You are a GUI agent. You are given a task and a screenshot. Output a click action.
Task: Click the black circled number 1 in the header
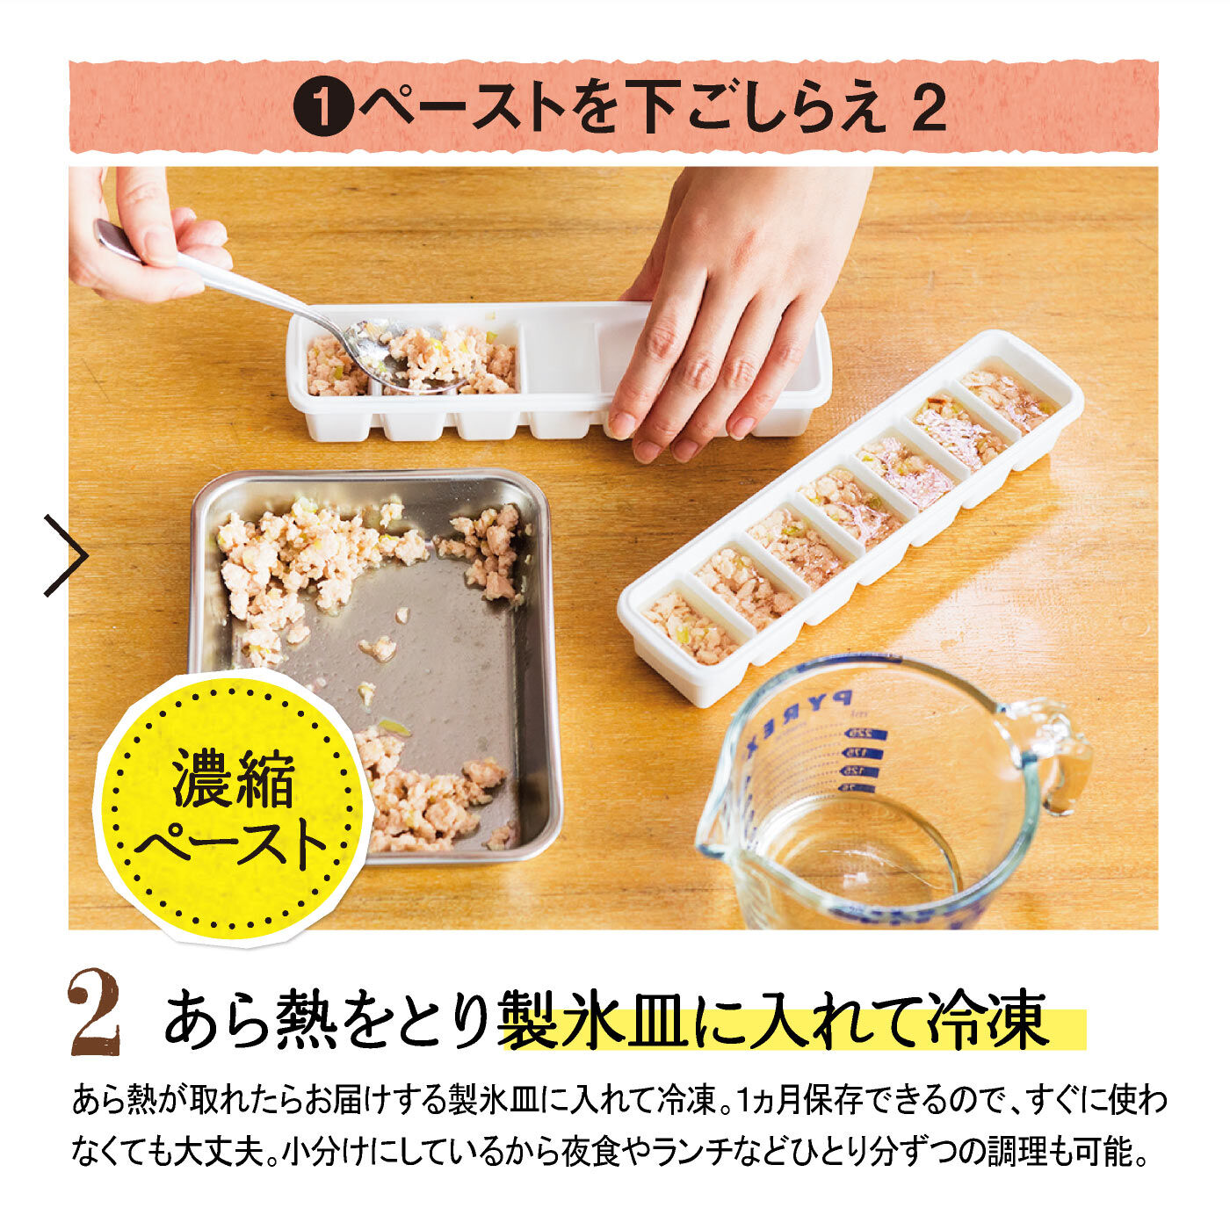323,108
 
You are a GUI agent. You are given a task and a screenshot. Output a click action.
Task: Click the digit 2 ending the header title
925,109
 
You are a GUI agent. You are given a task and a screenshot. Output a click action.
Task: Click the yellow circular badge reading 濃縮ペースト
234,807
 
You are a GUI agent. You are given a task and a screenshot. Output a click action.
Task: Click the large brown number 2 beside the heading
95,1014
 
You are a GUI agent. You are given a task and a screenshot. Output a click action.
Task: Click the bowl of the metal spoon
395,358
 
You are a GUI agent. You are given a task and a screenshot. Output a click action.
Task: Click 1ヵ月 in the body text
762,1101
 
